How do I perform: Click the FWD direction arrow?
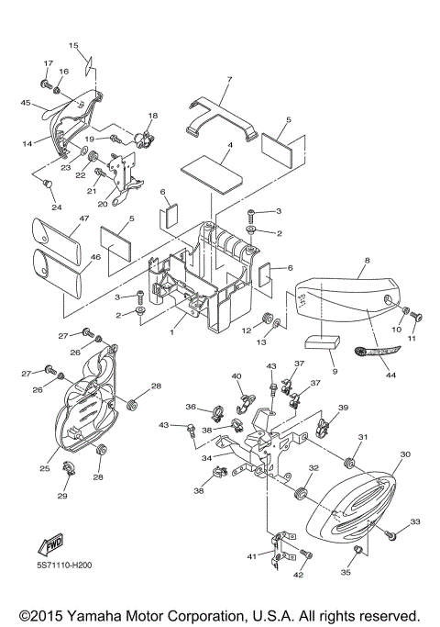click(50, 543)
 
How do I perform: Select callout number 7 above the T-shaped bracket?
click(229, 80)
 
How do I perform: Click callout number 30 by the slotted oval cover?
click(405, 454)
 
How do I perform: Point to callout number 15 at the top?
click(73, 45)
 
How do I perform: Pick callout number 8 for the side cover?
click(368, 261)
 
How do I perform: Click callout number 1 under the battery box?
click(172, 332)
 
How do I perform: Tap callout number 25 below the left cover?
click(45, 468)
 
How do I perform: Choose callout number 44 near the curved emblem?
click(390, 375)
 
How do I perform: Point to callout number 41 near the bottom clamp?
click(252, 555)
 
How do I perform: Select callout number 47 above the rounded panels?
click(83, 218)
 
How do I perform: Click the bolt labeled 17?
click(46, 84)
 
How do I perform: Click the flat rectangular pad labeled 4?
click(212, 174)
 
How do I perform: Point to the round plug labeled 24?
click(48, 184)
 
